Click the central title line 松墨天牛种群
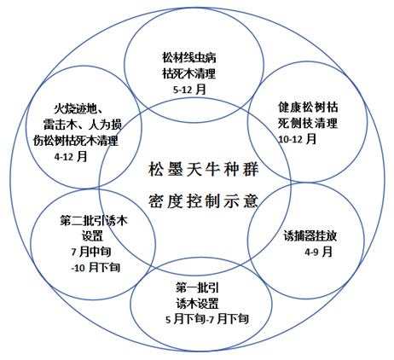[203, 170]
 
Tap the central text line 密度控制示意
[203, 201]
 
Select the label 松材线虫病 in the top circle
[189, 57]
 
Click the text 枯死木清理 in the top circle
[189, 73]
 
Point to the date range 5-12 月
[189, 90]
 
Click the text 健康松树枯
[308, 107]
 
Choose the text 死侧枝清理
[308, 123]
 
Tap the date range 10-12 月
[298, 139]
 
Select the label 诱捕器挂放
[310, 236]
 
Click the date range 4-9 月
[318, 252]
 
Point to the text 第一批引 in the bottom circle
[197, 287]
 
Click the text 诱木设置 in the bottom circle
[197, 304]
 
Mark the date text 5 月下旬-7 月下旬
[207, 319]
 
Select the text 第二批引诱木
[94, 221]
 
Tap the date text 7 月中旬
[91, 252]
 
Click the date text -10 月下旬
[96, 268]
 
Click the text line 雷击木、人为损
[83, 125]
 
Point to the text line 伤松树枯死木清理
[76, 141]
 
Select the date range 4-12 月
[71, 156]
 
